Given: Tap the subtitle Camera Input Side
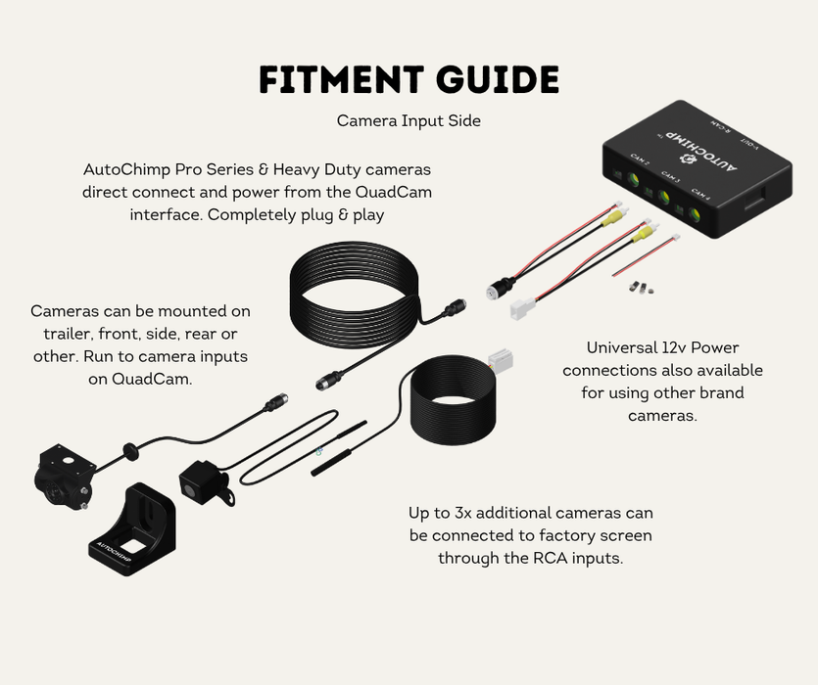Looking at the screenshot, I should pos(409,121).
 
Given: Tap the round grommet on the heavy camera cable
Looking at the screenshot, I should pos(128,451).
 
